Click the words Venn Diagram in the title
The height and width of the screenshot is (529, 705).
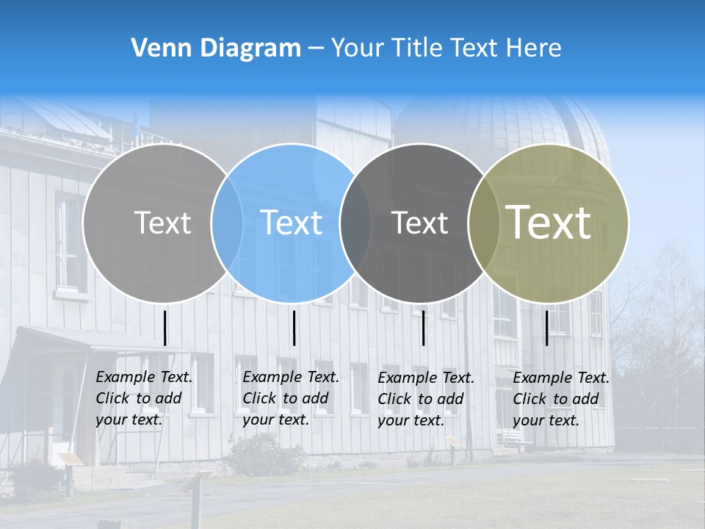215,48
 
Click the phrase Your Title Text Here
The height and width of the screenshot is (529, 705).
446,48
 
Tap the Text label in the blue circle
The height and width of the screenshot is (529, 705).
291,223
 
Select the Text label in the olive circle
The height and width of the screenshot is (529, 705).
549,223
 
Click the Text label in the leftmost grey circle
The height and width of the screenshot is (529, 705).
162,223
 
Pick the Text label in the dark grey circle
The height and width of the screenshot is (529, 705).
419,223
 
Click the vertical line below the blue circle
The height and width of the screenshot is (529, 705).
294,328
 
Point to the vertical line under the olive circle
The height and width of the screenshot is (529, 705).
547,328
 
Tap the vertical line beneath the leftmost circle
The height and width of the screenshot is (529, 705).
165,328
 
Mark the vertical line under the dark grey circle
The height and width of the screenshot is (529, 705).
424,328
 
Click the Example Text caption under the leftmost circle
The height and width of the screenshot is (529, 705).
143,398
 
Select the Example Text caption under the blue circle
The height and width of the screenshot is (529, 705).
290,398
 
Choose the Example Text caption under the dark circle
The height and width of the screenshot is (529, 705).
426,399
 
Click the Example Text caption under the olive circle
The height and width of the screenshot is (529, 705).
561,399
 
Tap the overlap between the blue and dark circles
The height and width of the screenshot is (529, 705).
356,223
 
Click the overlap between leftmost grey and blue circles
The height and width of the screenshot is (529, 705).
227,223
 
